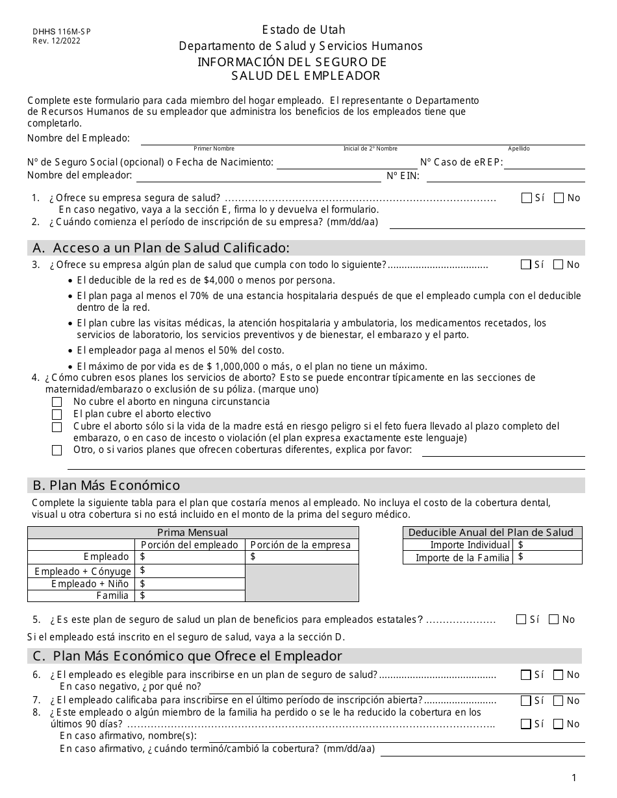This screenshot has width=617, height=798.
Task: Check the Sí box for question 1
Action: point(527,199)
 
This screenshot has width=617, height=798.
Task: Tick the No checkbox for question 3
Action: point(559,265)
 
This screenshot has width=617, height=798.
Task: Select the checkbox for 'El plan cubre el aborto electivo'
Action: point(57,415)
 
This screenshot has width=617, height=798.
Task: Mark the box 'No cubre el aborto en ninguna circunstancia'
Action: point(57,402)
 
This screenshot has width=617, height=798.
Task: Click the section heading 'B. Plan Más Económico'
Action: point(106,486)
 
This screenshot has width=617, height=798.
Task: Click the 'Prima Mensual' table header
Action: point(193,532)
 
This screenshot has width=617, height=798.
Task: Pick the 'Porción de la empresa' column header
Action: point(301,545)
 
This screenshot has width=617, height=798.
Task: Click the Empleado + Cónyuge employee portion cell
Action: point(190,571)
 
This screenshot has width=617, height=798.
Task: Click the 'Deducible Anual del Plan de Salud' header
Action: point(492,532)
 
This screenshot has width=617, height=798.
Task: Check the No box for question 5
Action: point(553,620)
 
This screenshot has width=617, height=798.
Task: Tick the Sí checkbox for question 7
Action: point(525,701)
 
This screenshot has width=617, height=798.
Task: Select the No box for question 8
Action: point(558,724)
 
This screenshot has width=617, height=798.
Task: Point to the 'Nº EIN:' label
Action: point(403,176)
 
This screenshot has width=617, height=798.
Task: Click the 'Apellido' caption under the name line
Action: point(518,149)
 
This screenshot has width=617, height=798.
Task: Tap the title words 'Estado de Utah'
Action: point(303,30)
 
